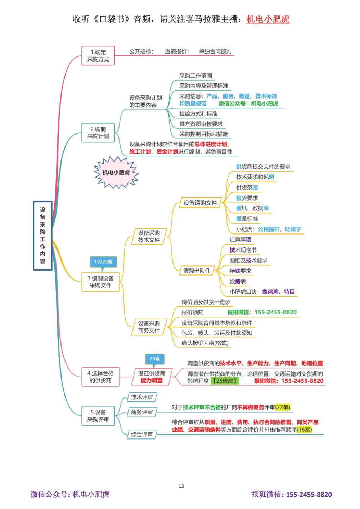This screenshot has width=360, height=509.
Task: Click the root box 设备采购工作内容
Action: click(42, 236)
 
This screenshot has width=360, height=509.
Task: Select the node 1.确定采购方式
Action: click(98, 56)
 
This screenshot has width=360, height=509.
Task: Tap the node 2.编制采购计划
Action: click(98, 133)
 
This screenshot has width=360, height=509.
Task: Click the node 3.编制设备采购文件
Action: click(100, 282)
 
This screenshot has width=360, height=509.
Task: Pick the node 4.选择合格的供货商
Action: click(100, 377)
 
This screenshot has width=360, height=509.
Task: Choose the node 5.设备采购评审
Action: click(98, 416)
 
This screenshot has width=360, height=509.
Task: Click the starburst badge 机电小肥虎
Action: click(116, 173)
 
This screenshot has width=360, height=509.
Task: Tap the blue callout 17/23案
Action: click(103, 262)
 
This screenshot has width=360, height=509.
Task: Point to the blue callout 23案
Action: click(154, 359)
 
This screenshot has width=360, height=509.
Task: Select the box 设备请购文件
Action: click(200, 203)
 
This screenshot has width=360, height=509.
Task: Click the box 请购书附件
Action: click(197, 271)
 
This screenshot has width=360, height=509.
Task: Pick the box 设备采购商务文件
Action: click(149, 327)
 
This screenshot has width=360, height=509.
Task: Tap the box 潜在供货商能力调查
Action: click(152, 377)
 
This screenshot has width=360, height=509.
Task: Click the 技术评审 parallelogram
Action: click(142, 397)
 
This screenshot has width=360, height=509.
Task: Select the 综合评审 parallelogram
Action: click(142, 435)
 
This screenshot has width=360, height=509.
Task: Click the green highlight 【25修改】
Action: click(225, 381)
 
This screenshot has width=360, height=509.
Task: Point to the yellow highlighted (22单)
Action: click(283, 407)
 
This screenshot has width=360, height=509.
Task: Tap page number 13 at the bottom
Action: click(181, 486)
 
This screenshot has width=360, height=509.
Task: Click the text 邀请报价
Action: click(176, 51)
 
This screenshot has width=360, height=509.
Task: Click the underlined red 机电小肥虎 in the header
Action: click(268, 19)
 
